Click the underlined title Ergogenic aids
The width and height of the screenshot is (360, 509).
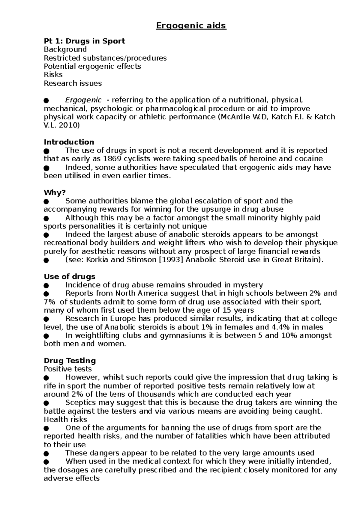click(191, 26)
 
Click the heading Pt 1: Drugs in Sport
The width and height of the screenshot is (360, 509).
click(84, 41)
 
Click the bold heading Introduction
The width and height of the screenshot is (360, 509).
click(69, 142)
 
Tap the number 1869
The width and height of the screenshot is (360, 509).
click(112, 159)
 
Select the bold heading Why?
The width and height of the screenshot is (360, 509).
click(55, 192)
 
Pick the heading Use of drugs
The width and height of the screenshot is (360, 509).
click(70, 276)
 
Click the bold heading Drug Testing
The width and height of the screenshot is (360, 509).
click(70, 360)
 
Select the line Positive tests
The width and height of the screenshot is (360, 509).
click(68, 369)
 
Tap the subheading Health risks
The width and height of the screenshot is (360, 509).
click(65, 419)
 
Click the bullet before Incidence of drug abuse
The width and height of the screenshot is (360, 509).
click(46, 285)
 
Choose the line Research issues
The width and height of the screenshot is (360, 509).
click(73, 83)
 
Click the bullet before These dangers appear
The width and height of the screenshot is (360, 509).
click(46, 453)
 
